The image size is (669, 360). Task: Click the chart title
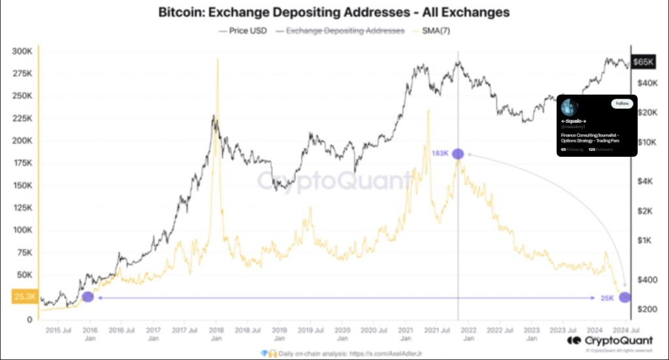point(334,12)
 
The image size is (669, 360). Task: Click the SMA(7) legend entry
point(433,31)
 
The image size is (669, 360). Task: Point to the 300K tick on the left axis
point(22,51)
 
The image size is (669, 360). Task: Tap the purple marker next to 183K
point(458,154)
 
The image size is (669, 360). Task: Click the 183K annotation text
point(440,154)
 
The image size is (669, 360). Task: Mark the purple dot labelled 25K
point(625,297)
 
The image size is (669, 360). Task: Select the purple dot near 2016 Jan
point(88,297)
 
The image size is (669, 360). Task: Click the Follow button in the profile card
point(621,104)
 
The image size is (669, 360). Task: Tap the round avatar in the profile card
point(570,106)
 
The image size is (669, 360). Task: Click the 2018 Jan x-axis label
point(216,335)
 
